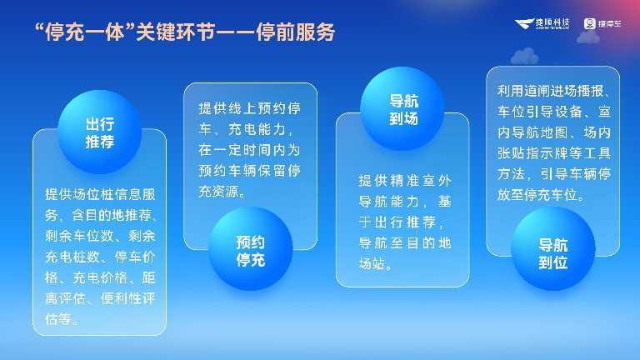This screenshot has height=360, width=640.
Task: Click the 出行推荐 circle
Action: pyautogui.click(x=99, y=133)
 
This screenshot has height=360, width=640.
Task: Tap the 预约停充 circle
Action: pyautogui.click(x=250, y=250)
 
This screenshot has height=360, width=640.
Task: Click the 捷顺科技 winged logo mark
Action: pyautogui.click(x=525, y=23)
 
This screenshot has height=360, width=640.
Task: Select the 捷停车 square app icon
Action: pyautogui.click(x=589, y=23)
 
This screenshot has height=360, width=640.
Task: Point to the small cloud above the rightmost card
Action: pyautogui.click(x=525, y=56)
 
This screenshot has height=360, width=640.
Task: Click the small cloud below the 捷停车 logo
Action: pyautogui.click(x=588, y=37)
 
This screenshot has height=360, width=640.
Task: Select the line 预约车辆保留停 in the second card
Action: pyautogui.click(x=250, y=172)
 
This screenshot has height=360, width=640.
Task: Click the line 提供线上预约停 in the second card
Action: pyautogui.click(x=250, y=109)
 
